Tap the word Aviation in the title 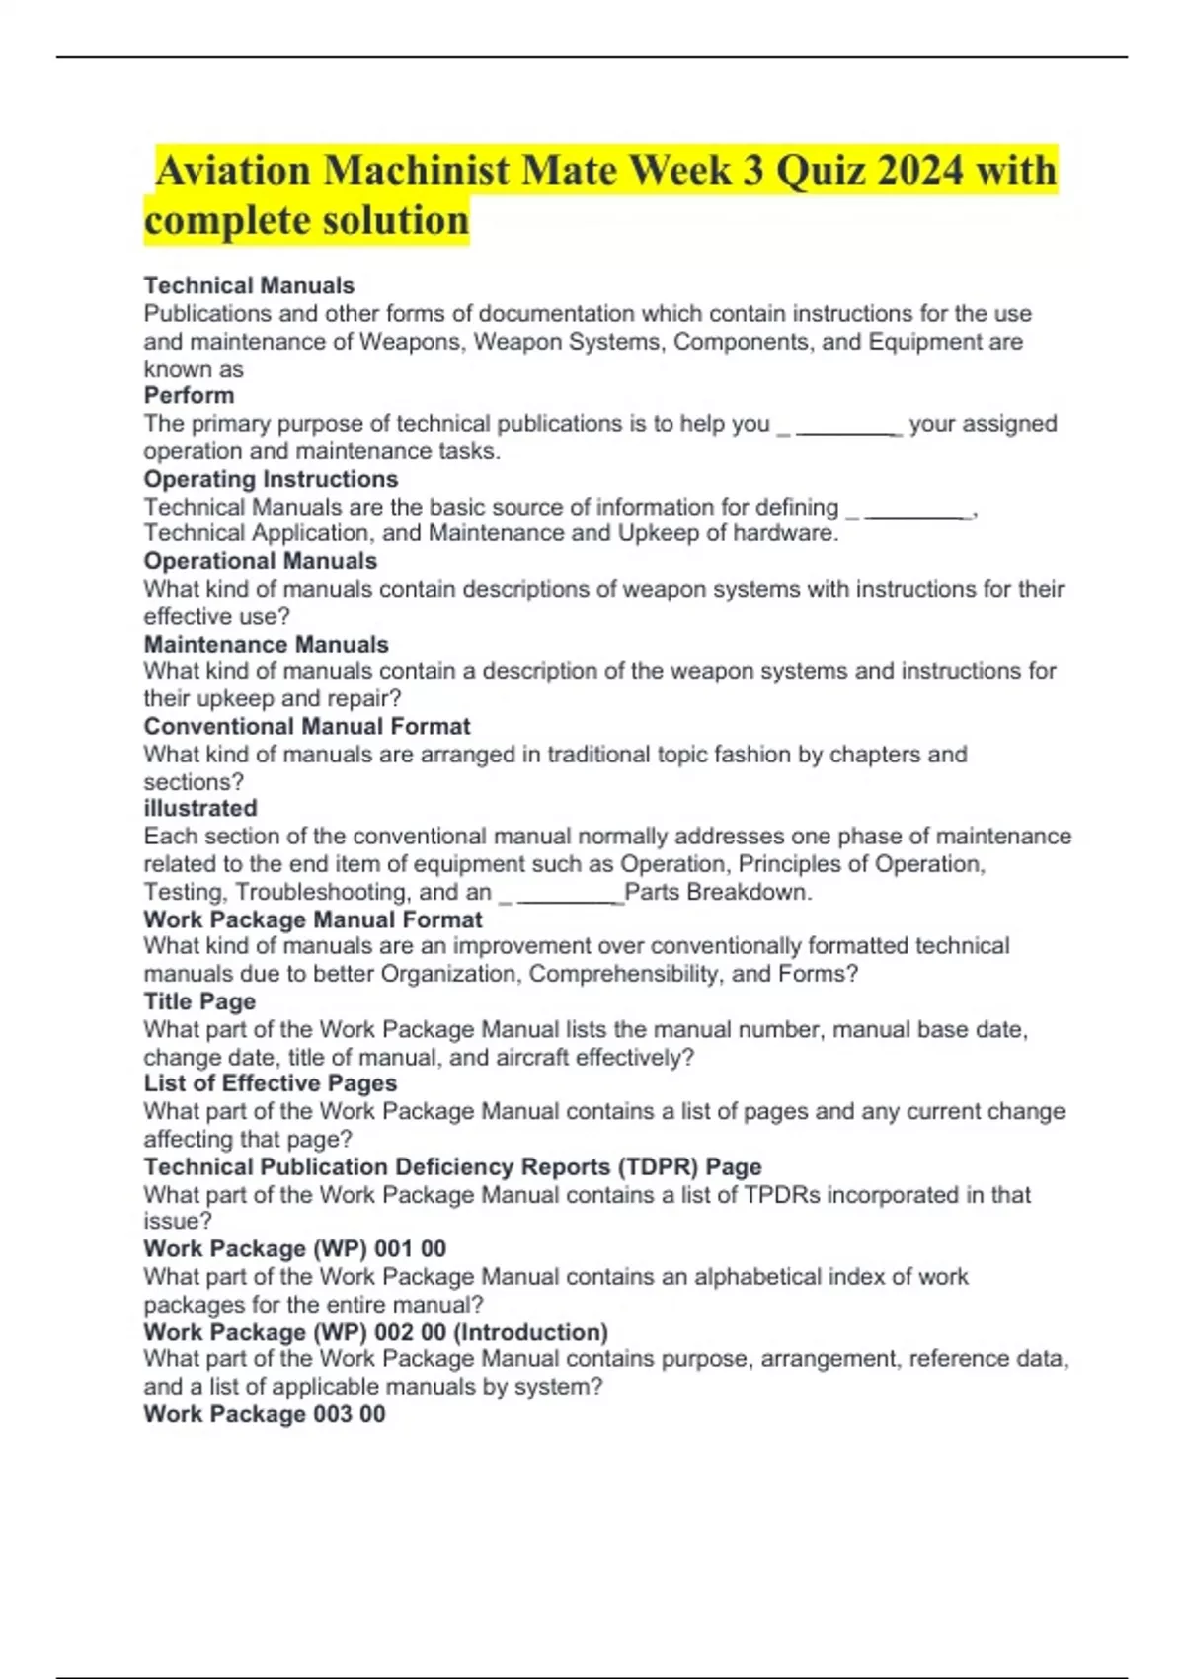(233, 170)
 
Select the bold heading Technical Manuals (249, 285)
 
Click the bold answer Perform (189, 395)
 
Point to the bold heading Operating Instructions (271, 479)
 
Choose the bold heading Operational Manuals (260, 561)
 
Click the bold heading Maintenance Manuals (266, 644)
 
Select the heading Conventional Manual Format (306, 726)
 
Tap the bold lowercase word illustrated (200, 808)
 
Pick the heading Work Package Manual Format (312, 919)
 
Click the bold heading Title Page (199, 1001)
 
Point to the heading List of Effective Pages (270, 1083)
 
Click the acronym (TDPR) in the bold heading (658, 1166)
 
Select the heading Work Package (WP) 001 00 (294, 1248)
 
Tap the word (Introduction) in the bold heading (530, 1332)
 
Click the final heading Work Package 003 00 (264, 1414)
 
